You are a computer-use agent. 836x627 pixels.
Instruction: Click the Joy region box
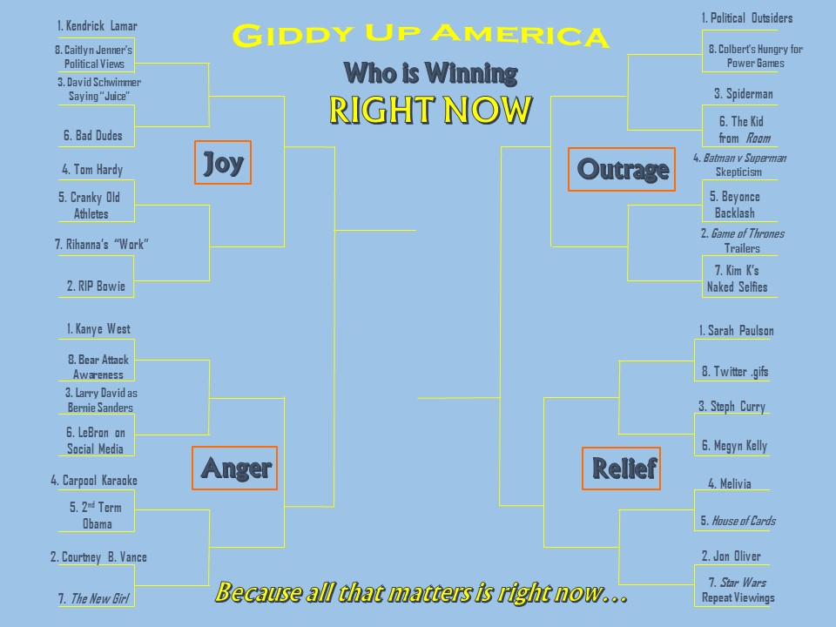tap(223, 163)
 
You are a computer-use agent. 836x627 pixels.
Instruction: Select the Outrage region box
tap(622, 169)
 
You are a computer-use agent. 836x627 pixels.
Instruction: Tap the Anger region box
tap(234, 469)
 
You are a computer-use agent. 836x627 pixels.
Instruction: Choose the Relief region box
tap(621, 469)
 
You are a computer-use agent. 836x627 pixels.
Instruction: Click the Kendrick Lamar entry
tap(97, 25)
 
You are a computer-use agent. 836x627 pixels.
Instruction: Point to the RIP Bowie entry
tap(96, 287)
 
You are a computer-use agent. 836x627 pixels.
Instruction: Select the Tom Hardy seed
tap(93, 170)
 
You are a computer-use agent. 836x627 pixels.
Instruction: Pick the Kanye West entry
tap(98, 329)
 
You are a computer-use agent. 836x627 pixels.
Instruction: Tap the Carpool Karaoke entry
tap(94, 481)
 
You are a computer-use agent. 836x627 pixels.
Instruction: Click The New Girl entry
tap(94, 599)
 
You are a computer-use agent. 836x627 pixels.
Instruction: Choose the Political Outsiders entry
tap(747, 18)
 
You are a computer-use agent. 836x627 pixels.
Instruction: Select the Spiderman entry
tap(744, 94)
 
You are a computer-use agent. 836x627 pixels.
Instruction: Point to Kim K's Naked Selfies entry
tap(738, 279)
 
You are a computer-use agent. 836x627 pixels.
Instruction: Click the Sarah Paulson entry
tap(737, 331)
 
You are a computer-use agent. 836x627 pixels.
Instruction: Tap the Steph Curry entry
tap(732, 407)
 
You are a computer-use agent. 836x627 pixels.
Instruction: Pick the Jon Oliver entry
tap(731, 556)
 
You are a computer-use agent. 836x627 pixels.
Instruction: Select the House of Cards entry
tap(738, 521)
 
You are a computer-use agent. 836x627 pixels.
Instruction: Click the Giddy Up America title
tap(421, 36)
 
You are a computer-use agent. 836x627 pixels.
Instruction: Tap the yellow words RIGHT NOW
tap(431, 111)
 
